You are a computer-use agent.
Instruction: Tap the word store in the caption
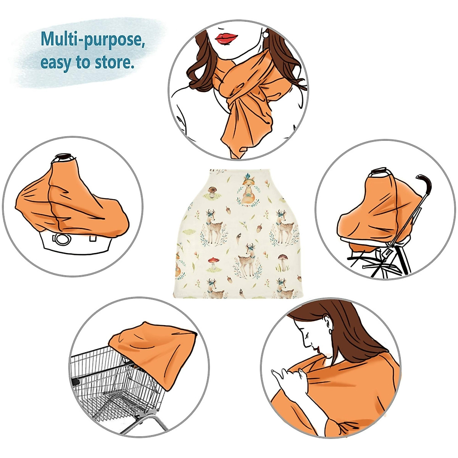pos(114,62)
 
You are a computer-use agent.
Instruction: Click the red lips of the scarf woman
pos(226,38)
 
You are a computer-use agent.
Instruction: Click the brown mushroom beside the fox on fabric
pos(212,190)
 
